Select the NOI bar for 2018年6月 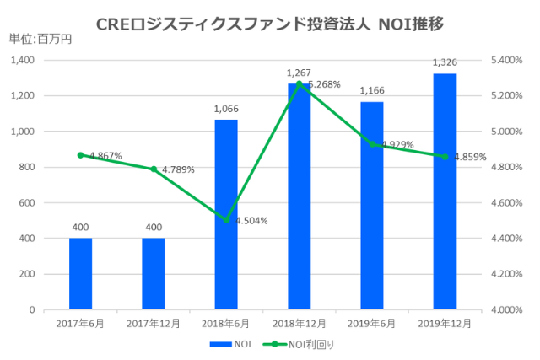pos(226,214)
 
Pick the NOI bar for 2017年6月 pos(80,274)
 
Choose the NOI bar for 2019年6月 pos(372,206)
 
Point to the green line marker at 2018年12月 pos(300,83)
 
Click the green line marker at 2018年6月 pos(226,220)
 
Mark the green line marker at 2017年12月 pos(154,169)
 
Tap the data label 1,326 pos(445,62)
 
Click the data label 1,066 pos(226,109)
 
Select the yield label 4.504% pos(249,221)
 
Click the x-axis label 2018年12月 pos(300,324)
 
